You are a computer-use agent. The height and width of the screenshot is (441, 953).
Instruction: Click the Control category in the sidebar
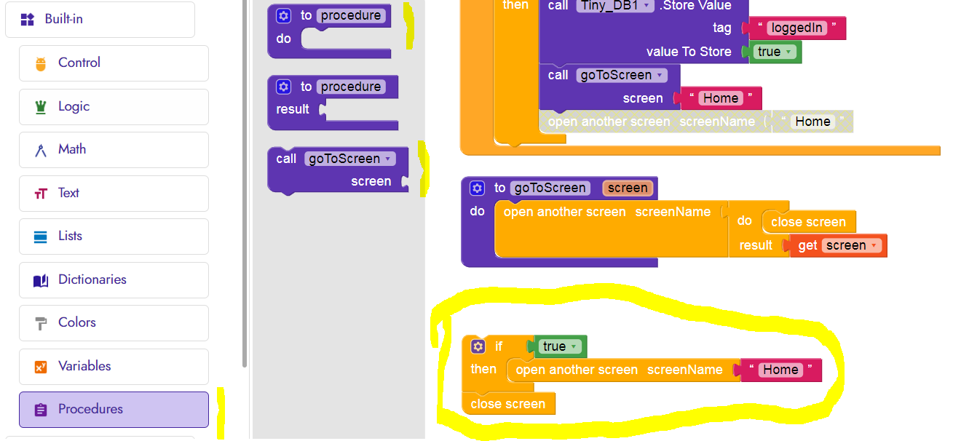click(x=79, y=63)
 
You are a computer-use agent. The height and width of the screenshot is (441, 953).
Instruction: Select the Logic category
click(x=74, y=106)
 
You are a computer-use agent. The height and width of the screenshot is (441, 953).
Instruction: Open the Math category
click(x=71, y=149)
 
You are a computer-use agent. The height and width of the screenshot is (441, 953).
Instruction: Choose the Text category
click(x=68, y=193)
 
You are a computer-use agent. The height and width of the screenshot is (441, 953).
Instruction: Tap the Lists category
click(x=70, y=236)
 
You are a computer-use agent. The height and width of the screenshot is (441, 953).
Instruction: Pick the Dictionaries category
click(x=92, y=279)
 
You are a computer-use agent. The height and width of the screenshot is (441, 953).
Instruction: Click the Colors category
click(x=76, y=322)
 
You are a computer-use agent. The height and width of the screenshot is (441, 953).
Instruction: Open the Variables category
click(x=84, y=366)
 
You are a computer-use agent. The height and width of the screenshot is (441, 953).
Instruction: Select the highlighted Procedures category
click(x=90, y=409)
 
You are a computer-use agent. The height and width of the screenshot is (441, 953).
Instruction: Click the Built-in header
click(x=63, y=19)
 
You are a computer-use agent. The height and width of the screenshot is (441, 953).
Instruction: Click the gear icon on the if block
click(x=478, y=346)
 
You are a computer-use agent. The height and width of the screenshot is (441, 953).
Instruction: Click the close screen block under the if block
click(x=507, y=404)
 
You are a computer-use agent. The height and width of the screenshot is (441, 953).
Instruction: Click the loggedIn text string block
click(x=796, y=28)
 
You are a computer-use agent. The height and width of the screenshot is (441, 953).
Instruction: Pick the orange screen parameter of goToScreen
click(x=627, y=188)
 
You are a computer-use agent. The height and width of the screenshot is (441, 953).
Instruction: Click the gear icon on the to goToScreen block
click(x=477, y=188)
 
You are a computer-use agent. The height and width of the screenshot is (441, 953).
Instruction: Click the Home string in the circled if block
click(x=780, y=370)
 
